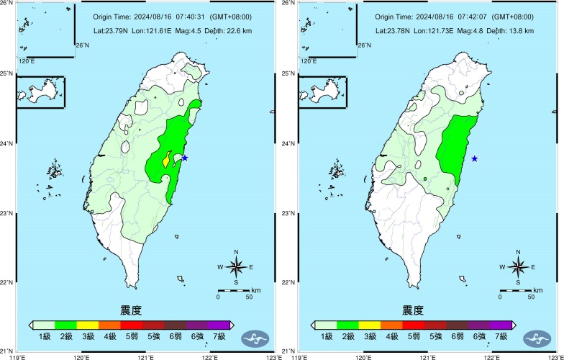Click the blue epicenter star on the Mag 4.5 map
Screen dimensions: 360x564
click(185, 158)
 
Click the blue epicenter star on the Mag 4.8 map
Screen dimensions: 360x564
click(474, 158)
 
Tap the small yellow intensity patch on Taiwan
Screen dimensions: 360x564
click(167, 161)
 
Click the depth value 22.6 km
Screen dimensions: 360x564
click(237, 30)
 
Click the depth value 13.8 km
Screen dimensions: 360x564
click(519, 30)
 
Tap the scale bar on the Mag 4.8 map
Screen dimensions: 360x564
click(515, 290)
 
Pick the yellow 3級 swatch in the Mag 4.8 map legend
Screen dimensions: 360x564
click(369, 325)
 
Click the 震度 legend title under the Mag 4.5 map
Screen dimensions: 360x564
click(130, 310)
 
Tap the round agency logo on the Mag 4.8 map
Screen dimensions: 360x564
click(536, 338)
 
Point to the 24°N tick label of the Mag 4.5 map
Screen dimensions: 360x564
click(7, 144)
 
